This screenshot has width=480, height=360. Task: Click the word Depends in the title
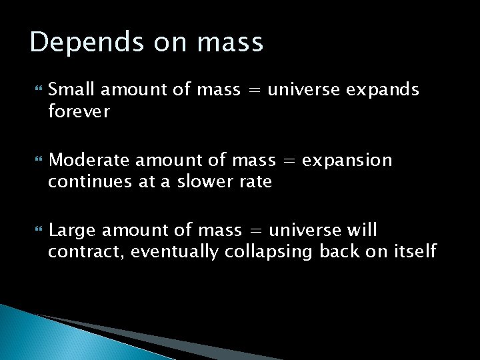pos(75,43)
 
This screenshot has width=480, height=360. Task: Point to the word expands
pos(383,90)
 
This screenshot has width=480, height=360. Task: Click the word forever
pos(79,111)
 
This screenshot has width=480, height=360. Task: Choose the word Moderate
pos(83,160)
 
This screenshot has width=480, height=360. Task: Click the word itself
pos(416,251)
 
